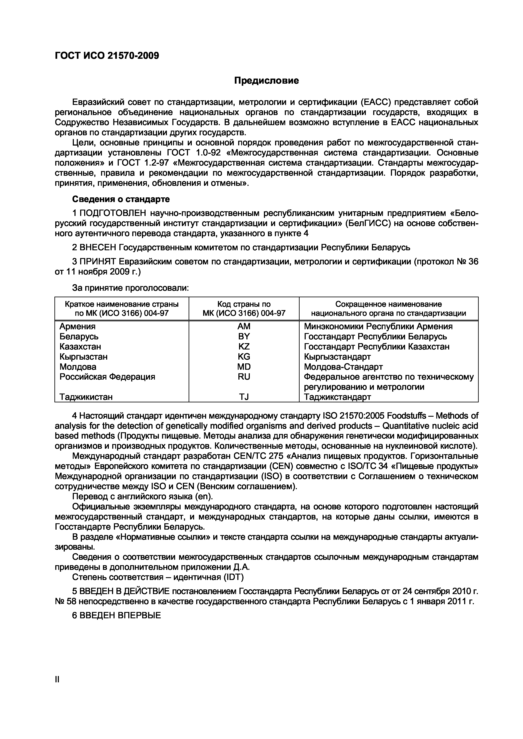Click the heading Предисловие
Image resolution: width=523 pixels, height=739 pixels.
[x=266, y=80]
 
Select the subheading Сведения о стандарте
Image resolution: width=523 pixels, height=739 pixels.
[x=121, y=199]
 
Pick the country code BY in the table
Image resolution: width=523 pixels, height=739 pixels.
[x=244, y=336]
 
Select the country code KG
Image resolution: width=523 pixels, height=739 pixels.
[x=244, y=357]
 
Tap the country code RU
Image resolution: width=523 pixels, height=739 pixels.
[x=244, y=377]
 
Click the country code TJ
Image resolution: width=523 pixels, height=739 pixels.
[x=244, y=397]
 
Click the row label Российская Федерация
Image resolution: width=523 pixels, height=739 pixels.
[x=107, y=377]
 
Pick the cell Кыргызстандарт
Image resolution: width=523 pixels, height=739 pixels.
[x=337, y=357]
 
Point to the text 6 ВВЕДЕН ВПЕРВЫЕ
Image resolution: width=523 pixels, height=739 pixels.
[x=116, y=616]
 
